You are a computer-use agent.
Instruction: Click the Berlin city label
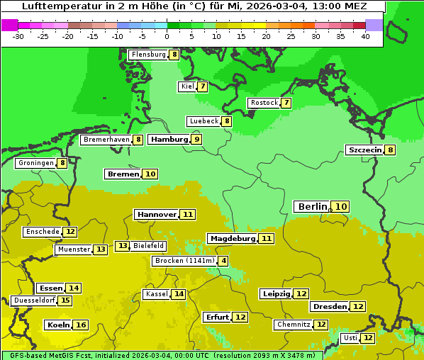click(312, 206)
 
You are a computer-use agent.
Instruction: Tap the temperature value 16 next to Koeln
click(81, 325)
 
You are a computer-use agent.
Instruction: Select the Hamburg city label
click(169, 140)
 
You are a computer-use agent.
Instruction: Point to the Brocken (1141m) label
click(183, 261)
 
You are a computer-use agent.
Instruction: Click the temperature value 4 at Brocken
click(224, 261)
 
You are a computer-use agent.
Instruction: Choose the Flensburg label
click(147, 55)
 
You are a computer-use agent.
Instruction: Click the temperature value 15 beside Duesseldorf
click(65, 300)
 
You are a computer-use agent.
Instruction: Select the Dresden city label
click(329, 307)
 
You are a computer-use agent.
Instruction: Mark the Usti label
click(350, 338)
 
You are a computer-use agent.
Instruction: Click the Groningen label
click(36, 163)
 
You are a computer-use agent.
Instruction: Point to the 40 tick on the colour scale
click(365, 36)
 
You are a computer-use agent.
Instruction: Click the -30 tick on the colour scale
click(18, 36)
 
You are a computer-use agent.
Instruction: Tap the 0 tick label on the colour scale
click(167, 36)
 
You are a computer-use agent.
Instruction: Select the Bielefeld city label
click(148, 246)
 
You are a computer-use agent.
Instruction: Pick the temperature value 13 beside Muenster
click(101, 249)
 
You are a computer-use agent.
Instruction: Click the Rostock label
click(264, 103)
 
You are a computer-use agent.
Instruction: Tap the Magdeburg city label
click(232, 239)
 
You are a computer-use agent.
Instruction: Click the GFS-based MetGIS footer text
click(43, 355)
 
